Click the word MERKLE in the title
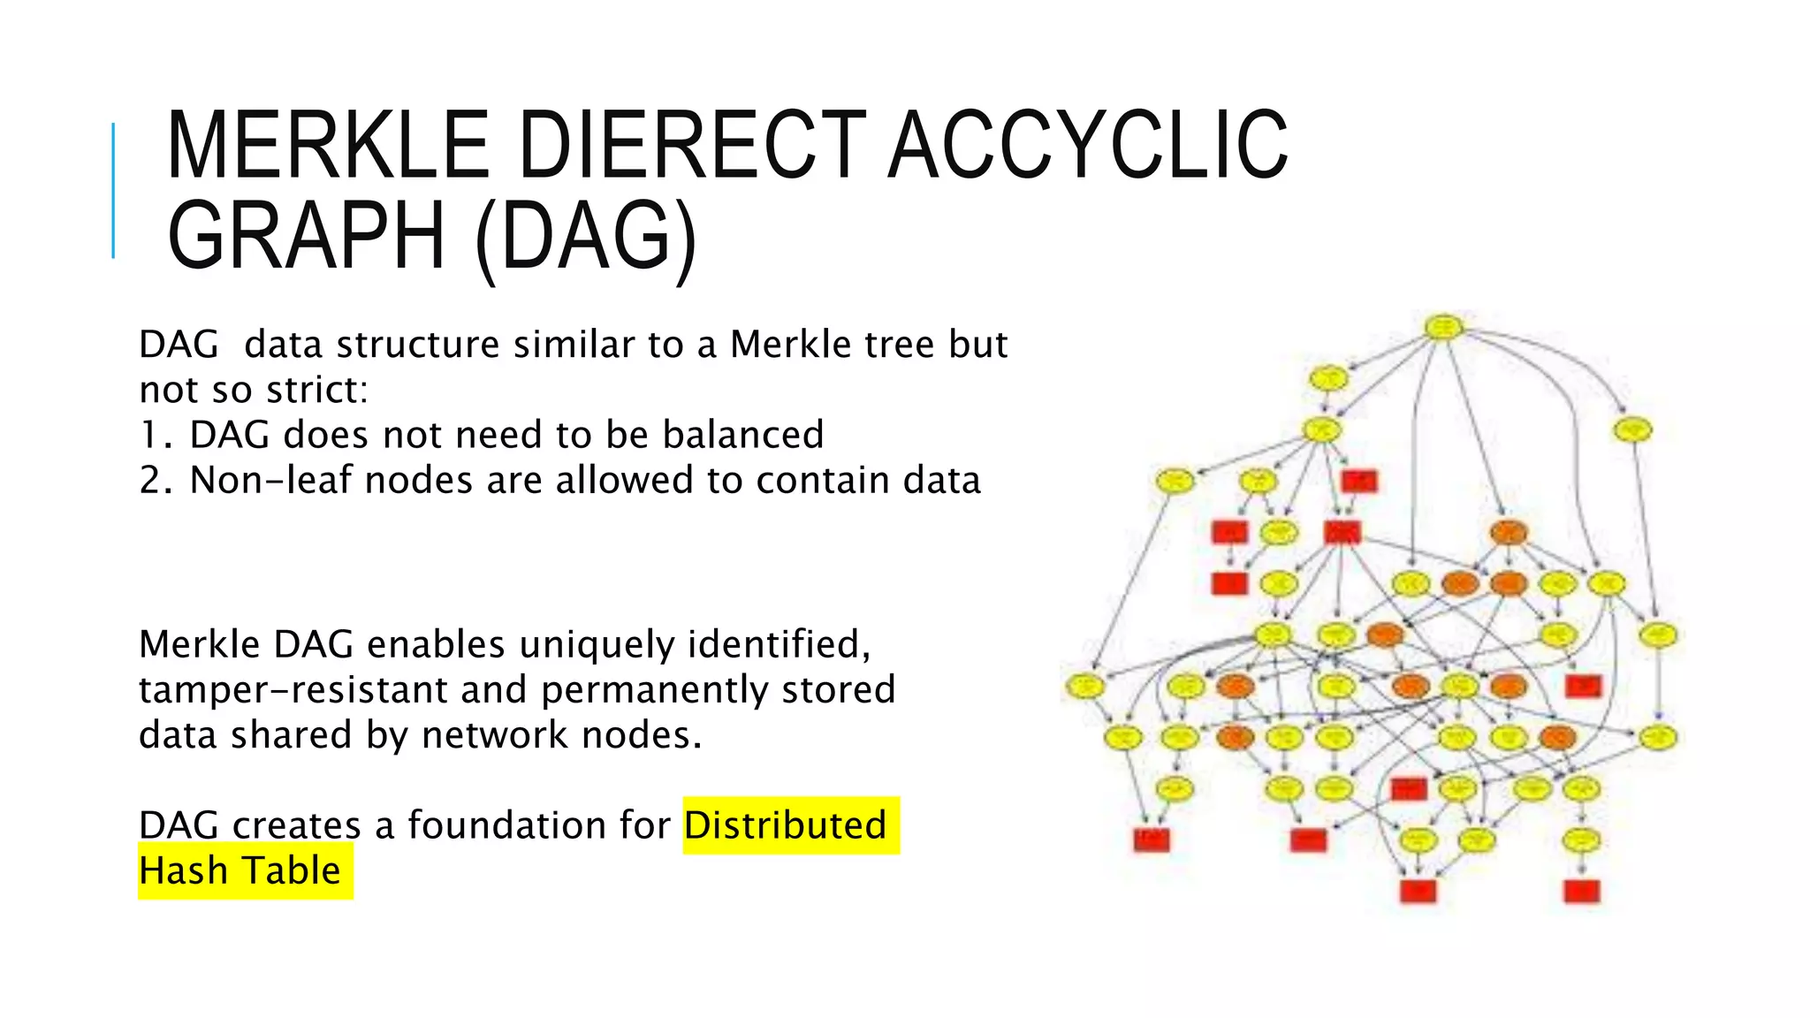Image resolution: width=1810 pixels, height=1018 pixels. tap(327, 146)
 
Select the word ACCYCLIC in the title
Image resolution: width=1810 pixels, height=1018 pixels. tap(1088, 146)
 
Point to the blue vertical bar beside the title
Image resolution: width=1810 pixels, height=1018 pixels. tap(113, 191)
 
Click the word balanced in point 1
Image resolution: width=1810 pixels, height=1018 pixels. tap(742, 435)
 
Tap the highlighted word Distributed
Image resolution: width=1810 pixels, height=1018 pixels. tap(785, 825)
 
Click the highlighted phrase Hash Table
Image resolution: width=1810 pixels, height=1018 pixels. tap(240, 871)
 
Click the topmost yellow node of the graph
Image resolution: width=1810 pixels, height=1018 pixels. tap(1443, 328)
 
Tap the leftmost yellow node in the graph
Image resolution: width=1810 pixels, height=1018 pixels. tap(1084, 686)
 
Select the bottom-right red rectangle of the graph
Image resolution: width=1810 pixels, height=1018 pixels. tap(1581, 891)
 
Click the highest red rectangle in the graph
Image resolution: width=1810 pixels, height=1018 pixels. tap(1358, 481)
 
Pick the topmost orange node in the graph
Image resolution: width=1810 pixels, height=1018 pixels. tap(1508, 533)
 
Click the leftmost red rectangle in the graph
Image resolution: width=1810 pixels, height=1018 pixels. tap(1151, 839)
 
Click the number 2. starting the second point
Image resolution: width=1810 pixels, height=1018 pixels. tap(156, 481)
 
